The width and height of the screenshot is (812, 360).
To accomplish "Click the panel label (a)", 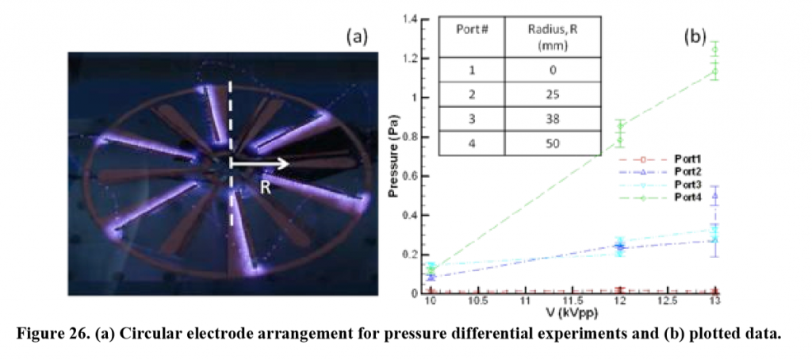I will click(x=358, y=37).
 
